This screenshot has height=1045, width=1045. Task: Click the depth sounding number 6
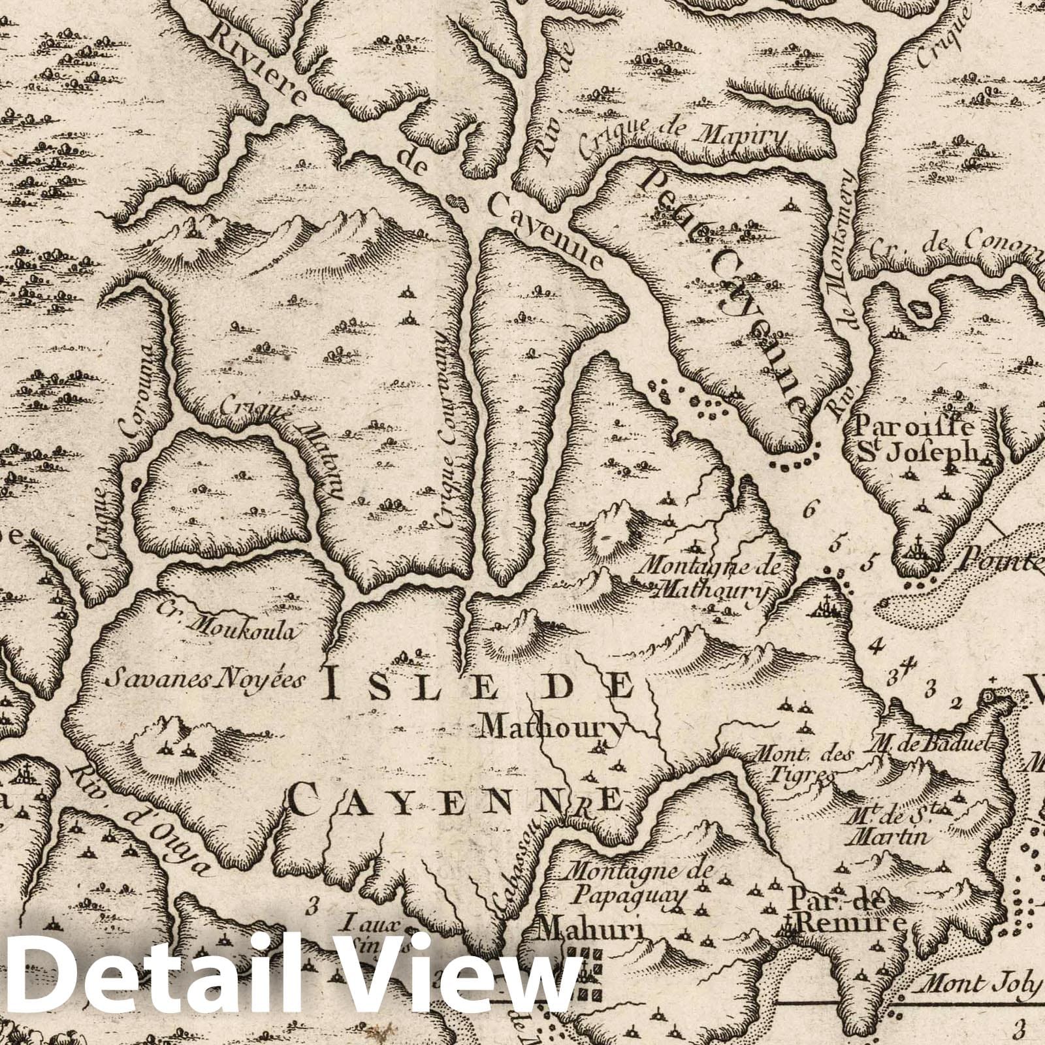[810, 510]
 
